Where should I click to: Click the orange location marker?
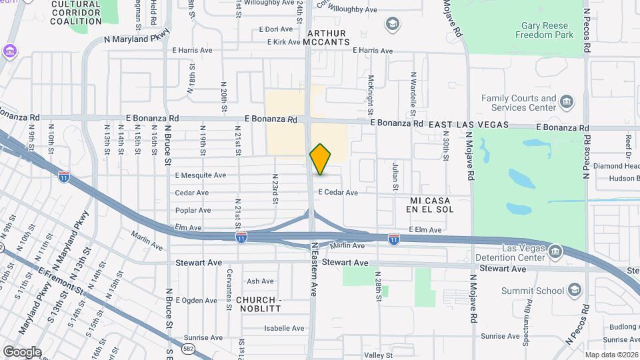(320, 159)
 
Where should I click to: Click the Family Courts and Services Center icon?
(567, 102)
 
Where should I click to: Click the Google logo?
(22, 351)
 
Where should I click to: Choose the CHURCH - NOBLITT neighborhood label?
(259, 305)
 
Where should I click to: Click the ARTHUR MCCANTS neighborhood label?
(326, 37)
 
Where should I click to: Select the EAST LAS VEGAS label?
(469, 125)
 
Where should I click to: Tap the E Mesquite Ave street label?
(200, 175)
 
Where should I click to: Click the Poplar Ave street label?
(193, 210)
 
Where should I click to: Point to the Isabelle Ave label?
(284, 328)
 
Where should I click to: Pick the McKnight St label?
(371, 93)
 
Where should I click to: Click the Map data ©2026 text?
(611, 355)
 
